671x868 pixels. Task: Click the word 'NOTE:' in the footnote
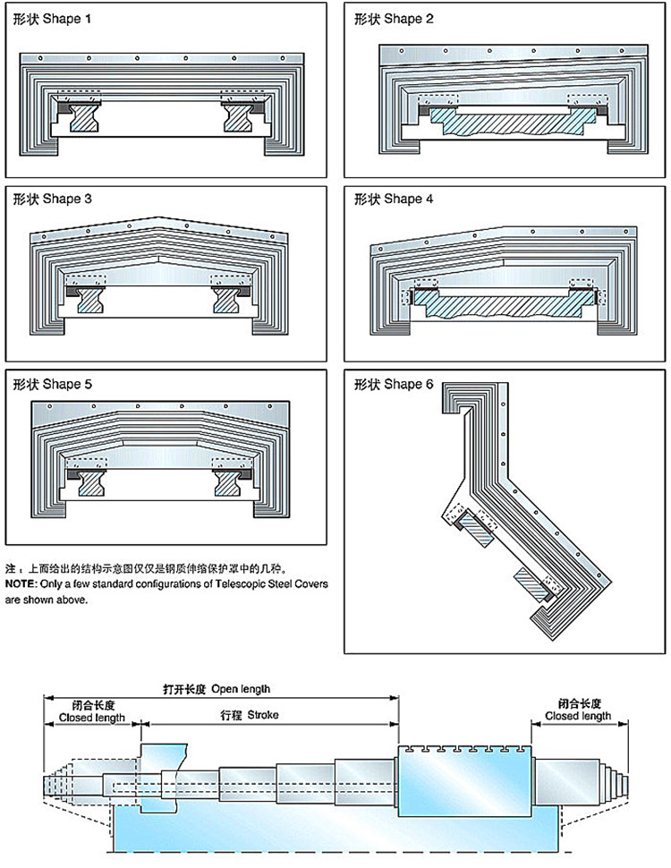[x=21, y=583]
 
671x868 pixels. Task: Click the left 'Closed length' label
[x=91, y=717]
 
